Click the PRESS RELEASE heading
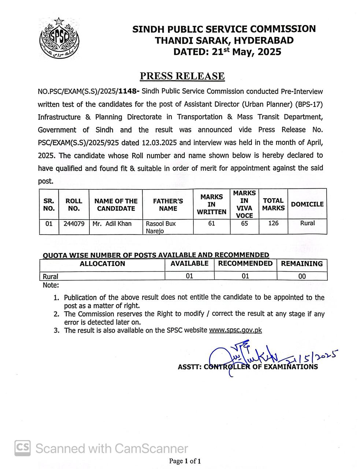182,76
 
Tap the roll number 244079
74,224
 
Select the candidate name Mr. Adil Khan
112,224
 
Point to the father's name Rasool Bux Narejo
161,227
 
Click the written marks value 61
211,223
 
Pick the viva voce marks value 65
244,223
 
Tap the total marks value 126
273,223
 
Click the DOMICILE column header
307,204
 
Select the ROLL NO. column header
74,205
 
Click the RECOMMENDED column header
245,263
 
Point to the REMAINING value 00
302,276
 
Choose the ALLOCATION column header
103,263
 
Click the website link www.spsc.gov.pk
235,330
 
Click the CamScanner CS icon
22,448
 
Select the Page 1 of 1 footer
185,461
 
